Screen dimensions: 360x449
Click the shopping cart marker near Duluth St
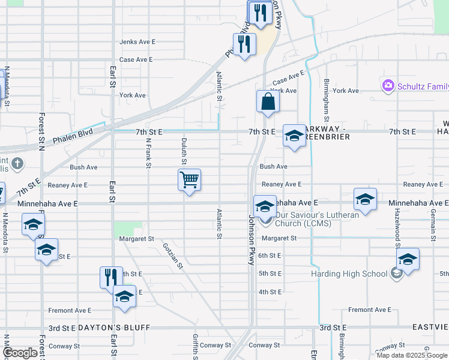189,179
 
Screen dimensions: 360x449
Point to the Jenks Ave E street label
137,42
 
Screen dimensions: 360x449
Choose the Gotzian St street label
172,254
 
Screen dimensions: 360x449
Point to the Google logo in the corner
20,353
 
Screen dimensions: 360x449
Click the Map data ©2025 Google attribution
412,355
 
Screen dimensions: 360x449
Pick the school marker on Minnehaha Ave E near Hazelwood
365,199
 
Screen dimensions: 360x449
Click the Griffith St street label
195,346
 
